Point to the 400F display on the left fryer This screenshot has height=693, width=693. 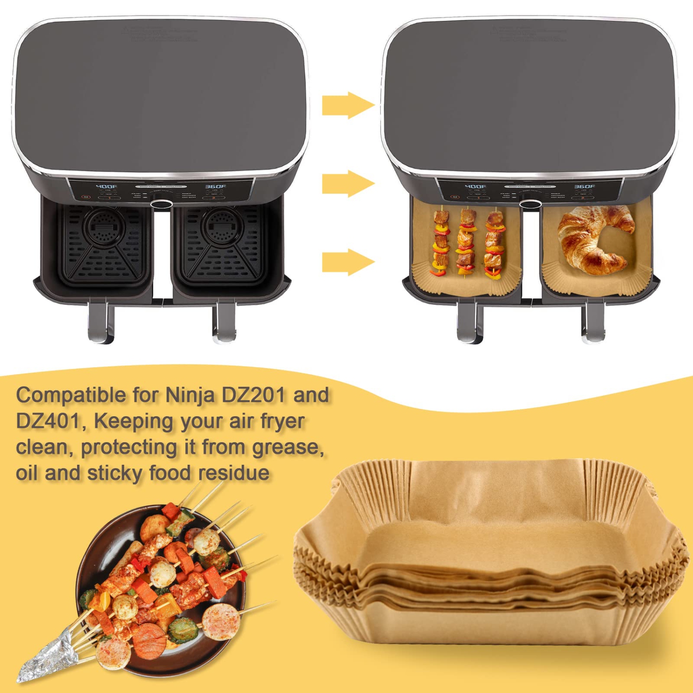(106, 187)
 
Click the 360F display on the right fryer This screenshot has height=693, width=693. (215, 187)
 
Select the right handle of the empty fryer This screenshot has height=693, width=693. (224, 321)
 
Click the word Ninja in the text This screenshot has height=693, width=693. (190, 395)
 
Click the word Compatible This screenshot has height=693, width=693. (71, 395)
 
